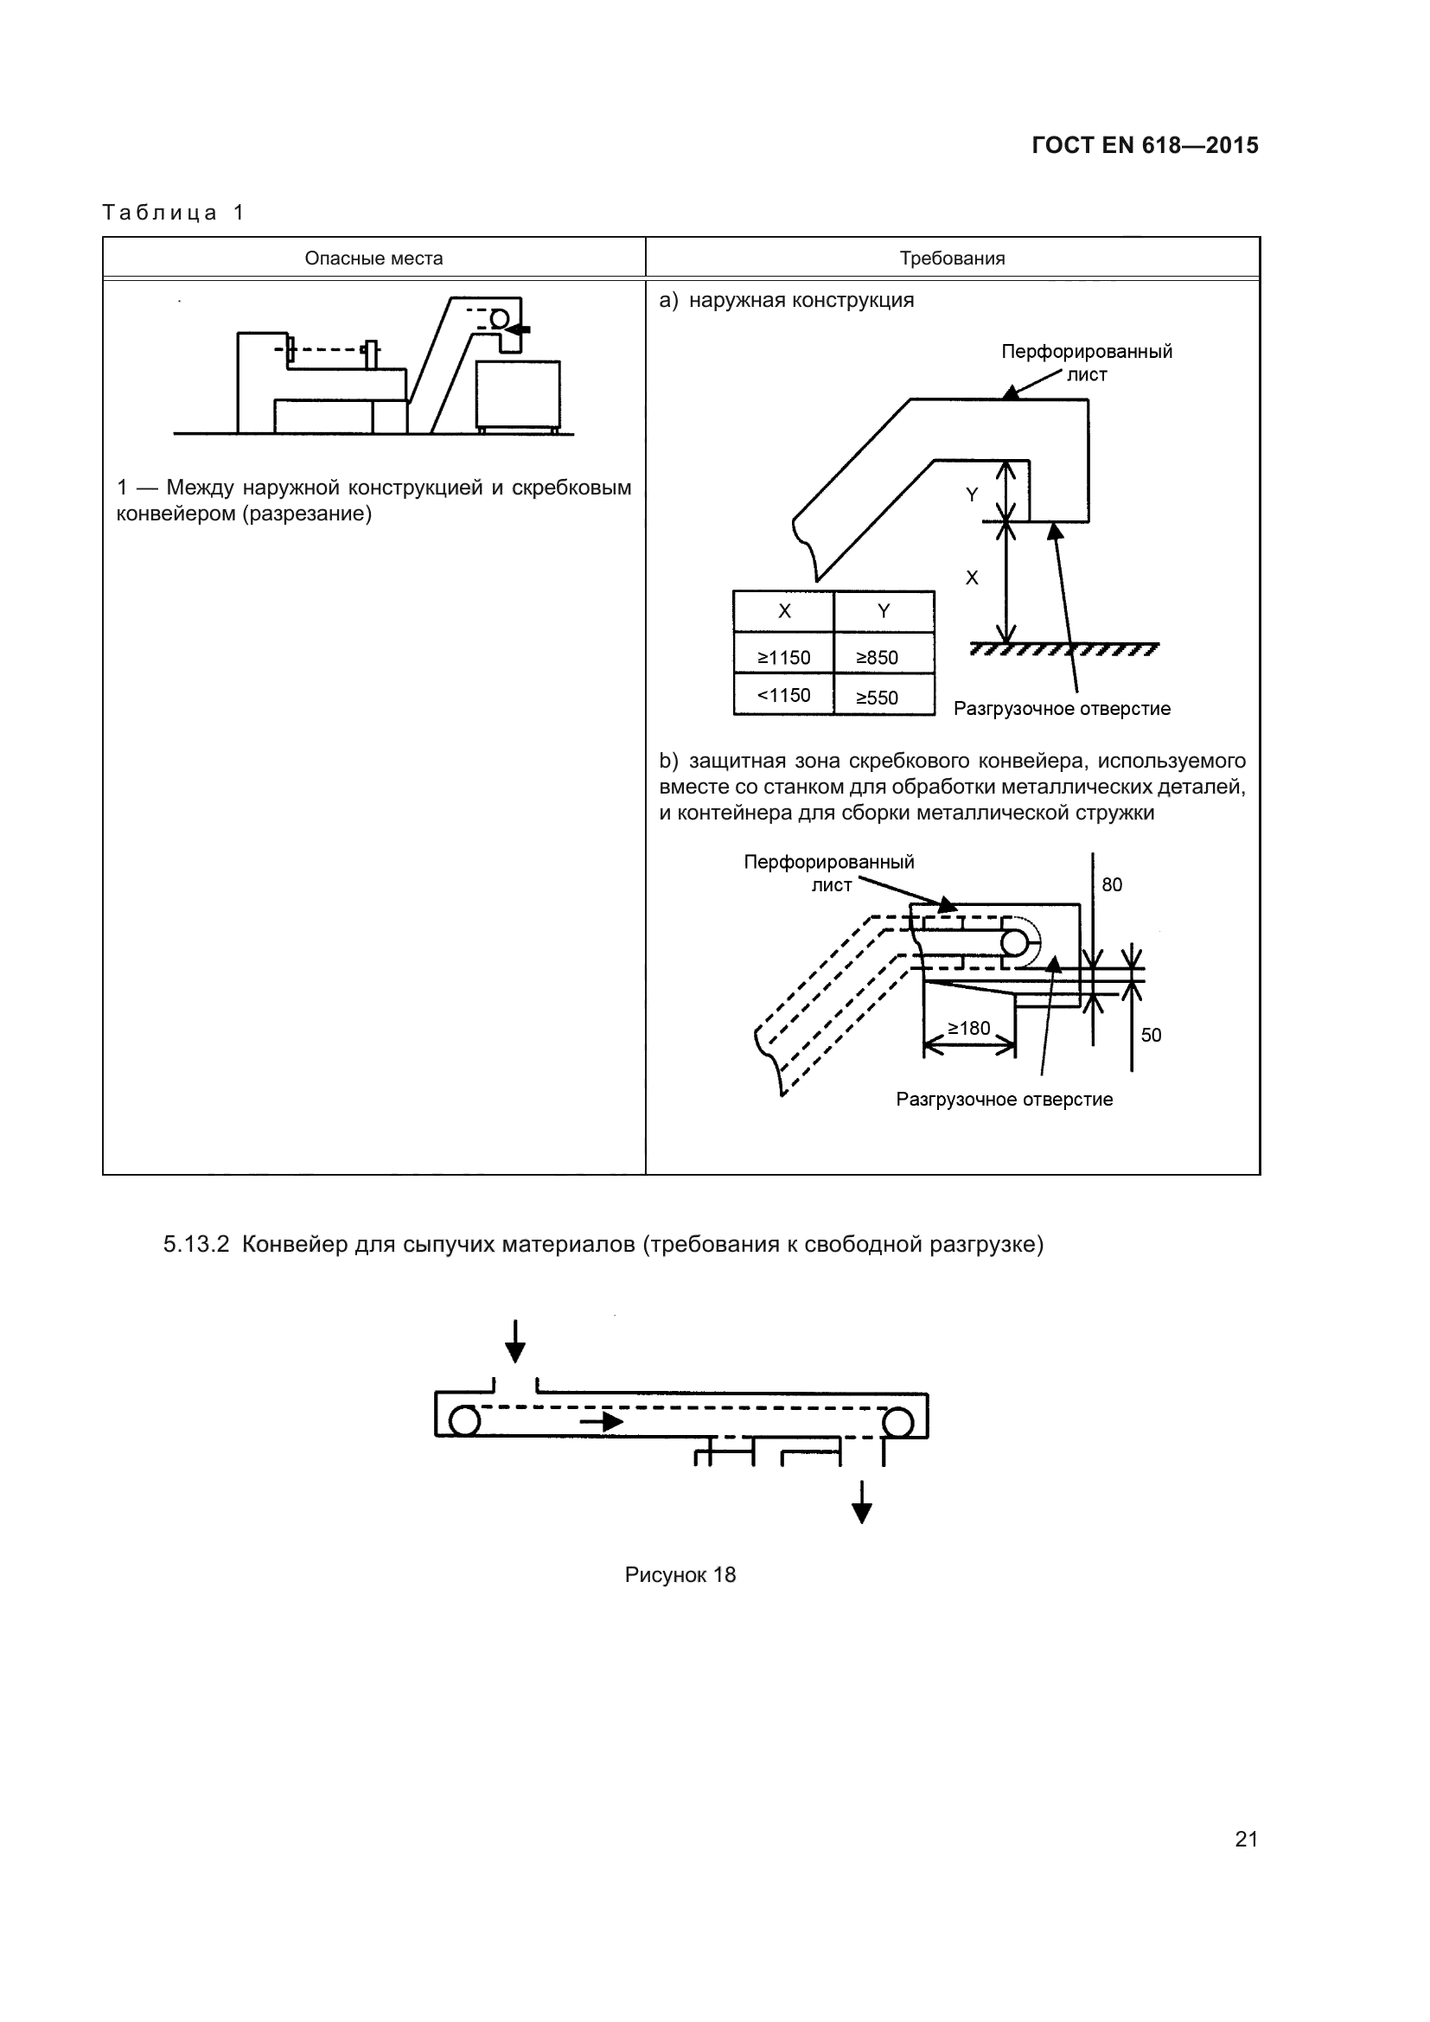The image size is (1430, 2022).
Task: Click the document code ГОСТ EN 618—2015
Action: click(1145, 145)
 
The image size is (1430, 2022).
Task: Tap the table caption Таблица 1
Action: click(174, 213)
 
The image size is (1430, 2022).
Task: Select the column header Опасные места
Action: click(373, 258)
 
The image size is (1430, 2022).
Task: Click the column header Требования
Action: click(952, 258)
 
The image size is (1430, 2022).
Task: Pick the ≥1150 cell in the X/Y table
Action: click(783, 657)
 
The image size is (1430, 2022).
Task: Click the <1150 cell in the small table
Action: click(783, 695)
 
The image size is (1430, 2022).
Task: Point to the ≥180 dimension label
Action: click(968, 1028)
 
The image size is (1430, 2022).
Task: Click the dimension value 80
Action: click(1112, 884)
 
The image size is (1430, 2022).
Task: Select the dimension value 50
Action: click(1151, 1035)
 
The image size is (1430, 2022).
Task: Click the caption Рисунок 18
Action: click(680, 1574)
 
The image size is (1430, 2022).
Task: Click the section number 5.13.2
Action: click(196, 1244)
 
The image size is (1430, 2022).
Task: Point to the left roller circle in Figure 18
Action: click(464, 1420)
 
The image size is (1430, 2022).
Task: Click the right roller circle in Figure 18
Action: click(897, 1420)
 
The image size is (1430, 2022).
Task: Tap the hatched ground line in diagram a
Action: click(1063, 650)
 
